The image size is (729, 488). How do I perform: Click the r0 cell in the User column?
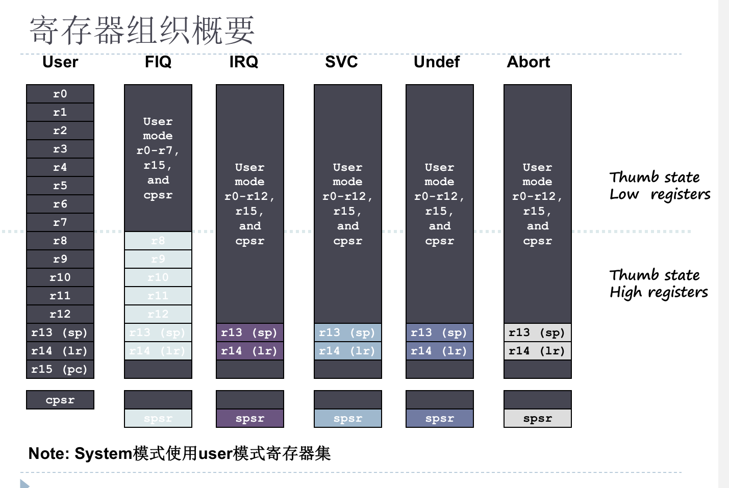60,94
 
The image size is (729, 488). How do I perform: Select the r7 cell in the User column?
60,222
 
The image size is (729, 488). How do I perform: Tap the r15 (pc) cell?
60,369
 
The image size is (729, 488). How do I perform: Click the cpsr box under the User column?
60,400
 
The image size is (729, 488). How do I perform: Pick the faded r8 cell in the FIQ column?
158,241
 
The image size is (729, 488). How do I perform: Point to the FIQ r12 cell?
158,314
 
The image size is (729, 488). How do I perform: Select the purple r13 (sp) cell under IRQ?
250,332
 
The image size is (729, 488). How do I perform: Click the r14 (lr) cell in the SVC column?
348,351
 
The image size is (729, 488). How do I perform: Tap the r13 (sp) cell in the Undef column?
440,332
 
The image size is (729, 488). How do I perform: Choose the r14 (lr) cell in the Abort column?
538,351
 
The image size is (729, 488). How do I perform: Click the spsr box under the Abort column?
538,419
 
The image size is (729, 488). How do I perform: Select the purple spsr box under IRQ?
250,419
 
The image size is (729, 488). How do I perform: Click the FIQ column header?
158,62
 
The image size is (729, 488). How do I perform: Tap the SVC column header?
341,62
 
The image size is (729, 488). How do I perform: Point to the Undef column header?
437,62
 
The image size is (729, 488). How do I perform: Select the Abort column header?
529,62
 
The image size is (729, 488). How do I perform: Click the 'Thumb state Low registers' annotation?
659,186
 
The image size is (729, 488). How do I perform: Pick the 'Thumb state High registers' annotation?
658,284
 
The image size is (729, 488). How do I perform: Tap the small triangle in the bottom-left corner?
24,483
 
